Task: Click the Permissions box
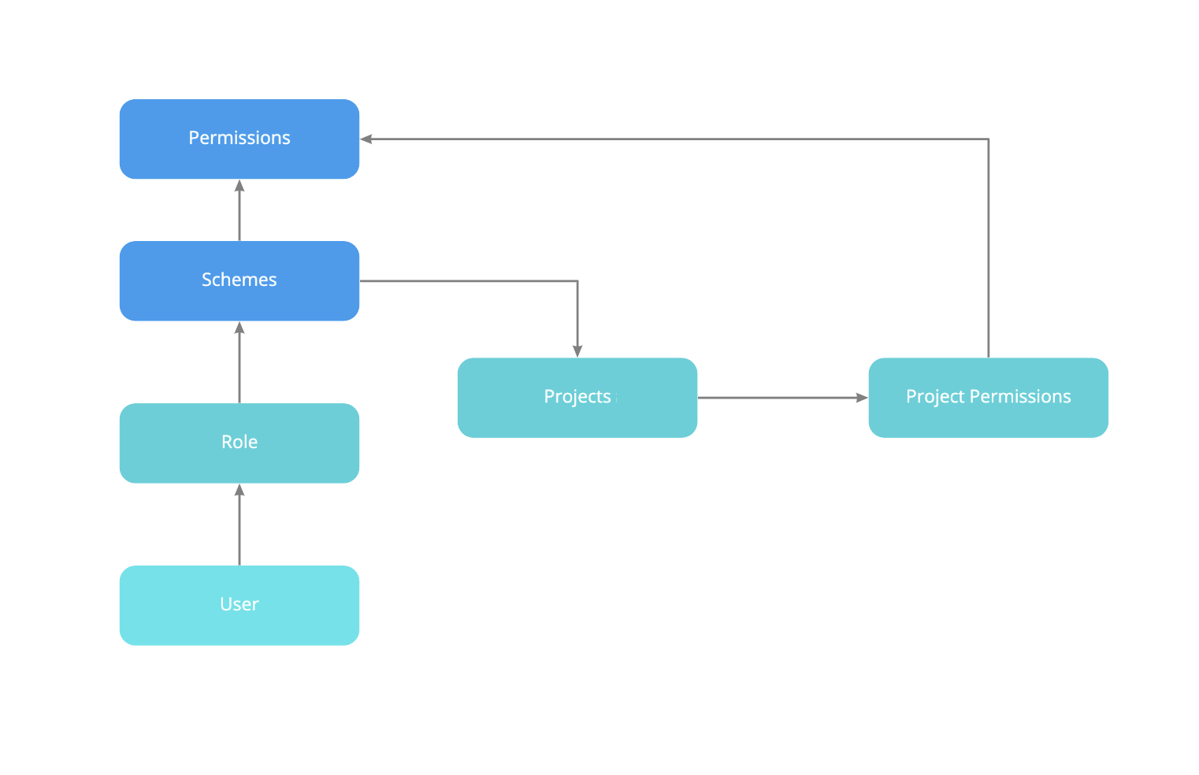pos(239,139)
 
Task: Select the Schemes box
pos(239,280)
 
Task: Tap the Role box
pos(239,443)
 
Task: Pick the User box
pos(239,605)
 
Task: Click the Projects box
pos(577,397)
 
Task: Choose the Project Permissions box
pos(988,397)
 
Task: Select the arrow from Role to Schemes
pos(239,364)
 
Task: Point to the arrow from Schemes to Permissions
pos(239,211)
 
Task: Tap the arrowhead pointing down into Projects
pos(577,351)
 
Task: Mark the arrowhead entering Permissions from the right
pos(366,139)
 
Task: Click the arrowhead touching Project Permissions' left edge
pos(862,398)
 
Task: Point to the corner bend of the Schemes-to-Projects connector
pos(577,281)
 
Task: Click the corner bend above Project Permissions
pos(988,139)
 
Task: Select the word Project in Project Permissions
pos(935,397)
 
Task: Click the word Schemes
pos(239,280)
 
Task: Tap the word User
pos(239,604)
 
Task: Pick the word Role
pos(239,442)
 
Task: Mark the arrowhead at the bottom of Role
pos(239,490)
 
